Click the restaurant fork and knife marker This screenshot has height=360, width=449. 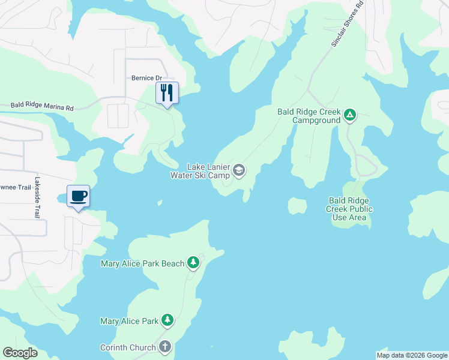(167, 93)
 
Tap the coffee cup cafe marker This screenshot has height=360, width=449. (78, 196)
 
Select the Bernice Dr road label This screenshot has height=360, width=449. (147, 78)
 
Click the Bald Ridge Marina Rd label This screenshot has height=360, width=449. (42, 107)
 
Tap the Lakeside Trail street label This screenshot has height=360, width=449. (37, 197)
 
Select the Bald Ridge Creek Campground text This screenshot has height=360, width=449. (309, 116)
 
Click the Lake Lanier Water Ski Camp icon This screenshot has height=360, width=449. (239, 170)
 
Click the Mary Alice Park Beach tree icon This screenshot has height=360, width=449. (193, 262)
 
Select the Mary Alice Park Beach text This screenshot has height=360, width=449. (142, 263)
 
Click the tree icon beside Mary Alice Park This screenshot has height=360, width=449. (168, 320)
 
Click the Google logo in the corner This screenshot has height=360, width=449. (20, 353)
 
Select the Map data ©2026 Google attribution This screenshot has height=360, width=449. (412, 355)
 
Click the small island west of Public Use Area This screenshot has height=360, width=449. (297, 206)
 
